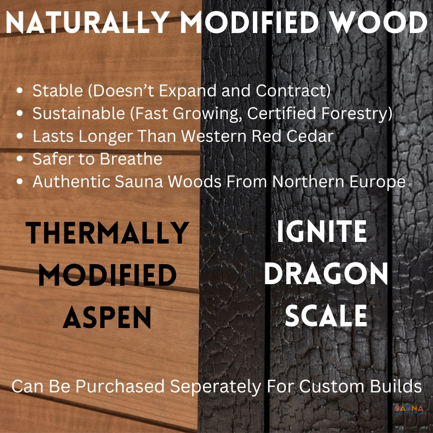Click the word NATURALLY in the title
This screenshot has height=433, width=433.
point(88,22)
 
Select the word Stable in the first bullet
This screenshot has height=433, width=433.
point(58,90)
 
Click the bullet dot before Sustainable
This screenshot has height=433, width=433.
point(19,113)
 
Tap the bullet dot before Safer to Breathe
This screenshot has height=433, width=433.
point(19,159)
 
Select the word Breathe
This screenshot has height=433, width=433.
point(131,159)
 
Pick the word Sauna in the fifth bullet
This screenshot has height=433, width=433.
point(139,182)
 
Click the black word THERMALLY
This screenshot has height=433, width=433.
point(107,233)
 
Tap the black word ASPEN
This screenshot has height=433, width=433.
point(107,317)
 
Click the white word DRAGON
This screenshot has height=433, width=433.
point(326,273)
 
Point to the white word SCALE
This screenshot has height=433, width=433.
point(326,316)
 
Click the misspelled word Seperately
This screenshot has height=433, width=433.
point(215,386)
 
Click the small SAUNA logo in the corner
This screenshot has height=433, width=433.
point(409,409)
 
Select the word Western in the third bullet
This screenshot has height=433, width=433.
point(214,136)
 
